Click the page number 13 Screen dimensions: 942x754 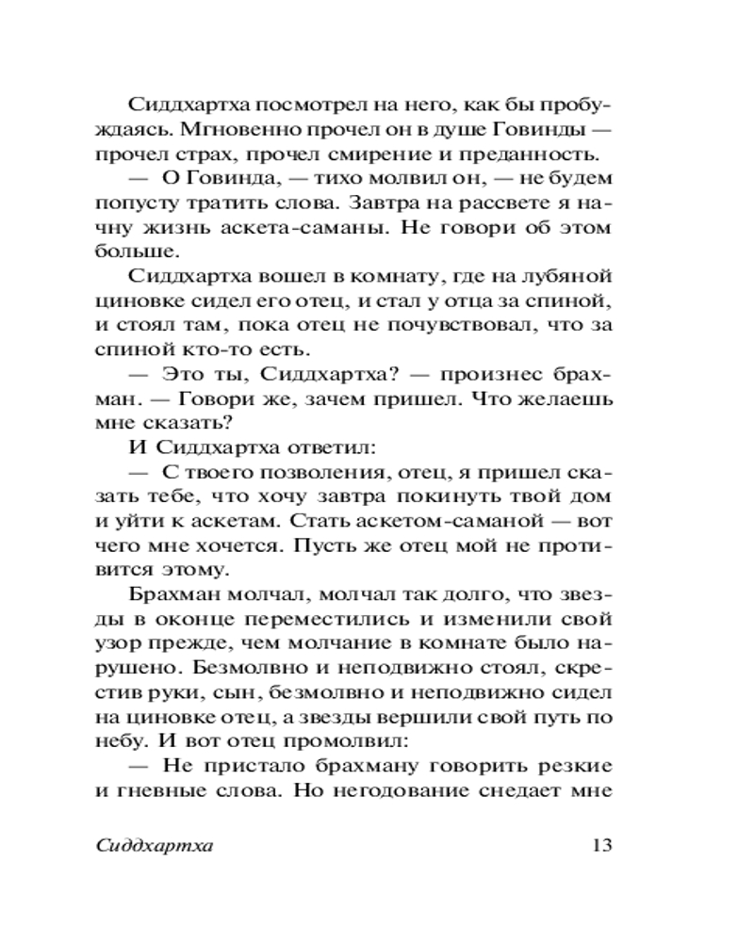pos(600,844)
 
